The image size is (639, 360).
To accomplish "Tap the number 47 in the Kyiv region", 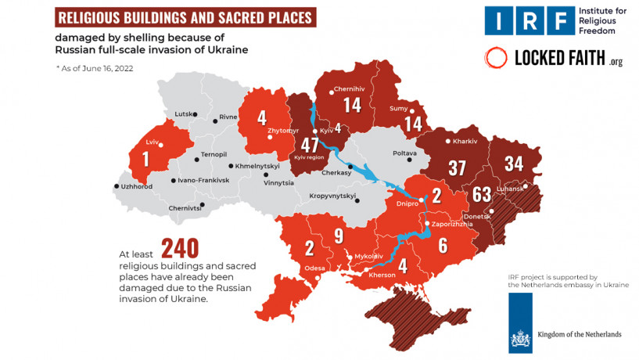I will coord(310,144).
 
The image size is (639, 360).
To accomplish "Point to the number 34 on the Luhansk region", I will coord(514,164).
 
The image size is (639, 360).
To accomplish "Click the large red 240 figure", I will coord(180,249).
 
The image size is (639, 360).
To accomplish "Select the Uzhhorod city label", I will coord(136,186).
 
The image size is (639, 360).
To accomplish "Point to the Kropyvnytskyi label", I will coord(332,196).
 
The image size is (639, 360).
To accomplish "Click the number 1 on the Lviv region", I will coord(145,158).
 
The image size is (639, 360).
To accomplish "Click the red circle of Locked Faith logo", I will coord(496,58).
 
